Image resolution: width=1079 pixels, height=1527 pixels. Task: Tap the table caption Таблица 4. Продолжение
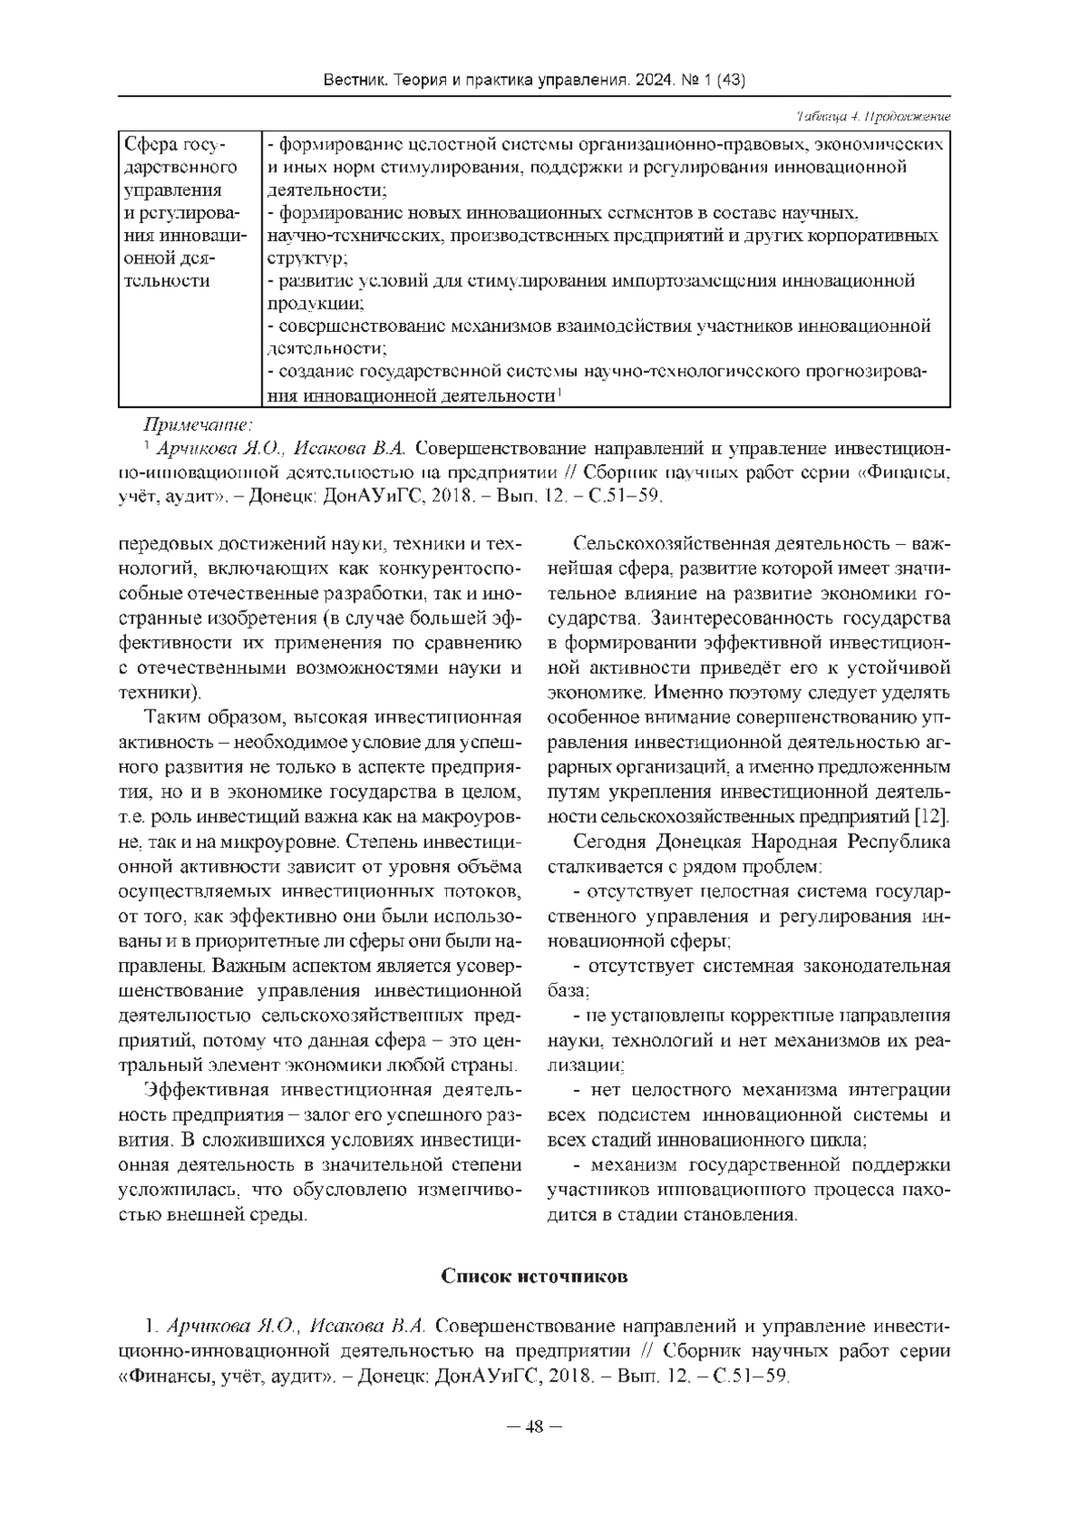tap(873, 118)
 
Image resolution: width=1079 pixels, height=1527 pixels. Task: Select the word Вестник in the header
tap(355, 82)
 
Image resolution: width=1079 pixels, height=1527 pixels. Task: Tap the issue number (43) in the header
tap(731, 82)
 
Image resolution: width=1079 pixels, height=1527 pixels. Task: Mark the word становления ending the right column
tap(741, 1216)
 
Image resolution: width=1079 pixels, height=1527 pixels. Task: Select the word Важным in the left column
tap(247, 968)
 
